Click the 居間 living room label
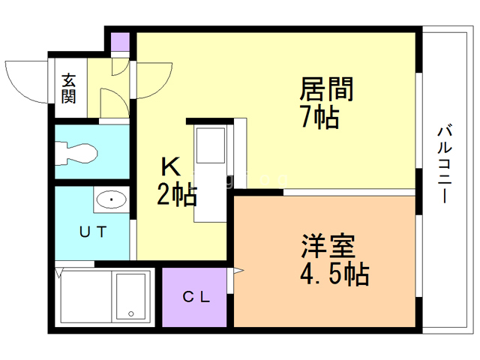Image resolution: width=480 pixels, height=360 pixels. [x=326, y=89]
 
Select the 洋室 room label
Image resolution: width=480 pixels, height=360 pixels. [x=328, y=247]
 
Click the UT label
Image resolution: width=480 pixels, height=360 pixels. [x=92, y=231]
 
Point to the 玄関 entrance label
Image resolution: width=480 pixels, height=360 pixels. [x=69, y=88]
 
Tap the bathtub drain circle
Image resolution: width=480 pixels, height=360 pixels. [x=130, y=314]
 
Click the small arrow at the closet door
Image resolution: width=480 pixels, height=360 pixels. [x=238, y=270]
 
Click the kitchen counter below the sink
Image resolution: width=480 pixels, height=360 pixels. [x=211, y=196]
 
